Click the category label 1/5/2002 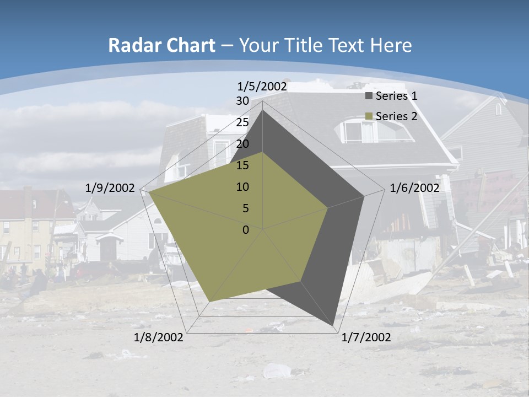pos(262,87)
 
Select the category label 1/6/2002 pos(414,188)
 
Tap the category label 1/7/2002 pos(366,337)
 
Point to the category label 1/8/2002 pos(159,337)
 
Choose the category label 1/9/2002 pos(110,188)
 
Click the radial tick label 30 pos(242,101)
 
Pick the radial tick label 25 pos(242,122)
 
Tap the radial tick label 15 pos(242,165)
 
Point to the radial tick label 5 pos(245,208)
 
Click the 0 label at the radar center pos(246,230)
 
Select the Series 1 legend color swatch pos(369,96)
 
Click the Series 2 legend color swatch pos(369,116)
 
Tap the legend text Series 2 pos(396,116)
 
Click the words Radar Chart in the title pos(161,46)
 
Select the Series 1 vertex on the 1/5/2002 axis pos(263,110)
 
